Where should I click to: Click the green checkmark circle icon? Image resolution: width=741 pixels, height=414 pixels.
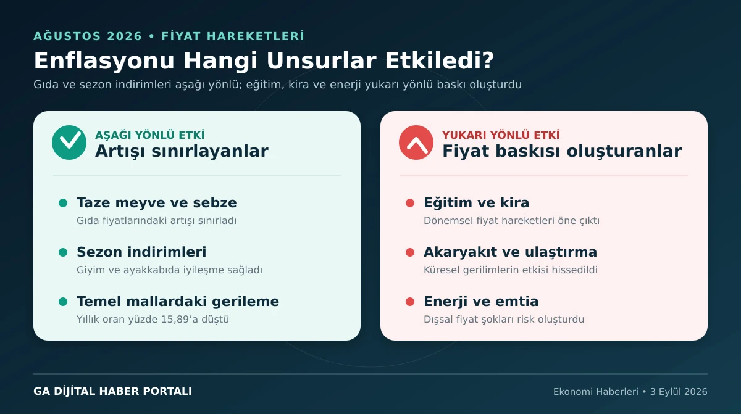tap(69, 143)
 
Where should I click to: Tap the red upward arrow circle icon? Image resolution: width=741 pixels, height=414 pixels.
tap(416, 143)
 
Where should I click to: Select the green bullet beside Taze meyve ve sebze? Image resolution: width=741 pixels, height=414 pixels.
tap(63, 203)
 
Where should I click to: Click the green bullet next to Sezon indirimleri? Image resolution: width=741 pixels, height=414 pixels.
tap(63, 252)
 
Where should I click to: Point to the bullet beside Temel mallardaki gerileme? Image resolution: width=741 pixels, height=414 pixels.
tap(63, 302)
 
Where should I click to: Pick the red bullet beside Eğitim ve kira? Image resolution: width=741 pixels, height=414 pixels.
tap(410, 203)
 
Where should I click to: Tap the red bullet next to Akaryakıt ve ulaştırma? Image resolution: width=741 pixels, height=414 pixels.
tap(410, 252)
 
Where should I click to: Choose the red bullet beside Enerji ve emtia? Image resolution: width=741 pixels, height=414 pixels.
tap(410, 302)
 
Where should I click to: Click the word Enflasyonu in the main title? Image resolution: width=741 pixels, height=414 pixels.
tap(104, 61)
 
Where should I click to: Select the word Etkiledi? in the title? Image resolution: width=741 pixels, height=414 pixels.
tap(439, 60)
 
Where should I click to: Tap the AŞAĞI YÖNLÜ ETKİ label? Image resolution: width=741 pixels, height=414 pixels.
tap(150, 135)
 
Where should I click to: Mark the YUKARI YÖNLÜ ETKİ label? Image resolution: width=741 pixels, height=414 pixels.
tap(501, 135)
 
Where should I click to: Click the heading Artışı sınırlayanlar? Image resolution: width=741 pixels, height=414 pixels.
tap(182, 151)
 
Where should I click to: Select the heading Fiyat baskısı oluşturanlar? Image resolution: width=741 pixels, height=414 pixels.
tap(562, 151)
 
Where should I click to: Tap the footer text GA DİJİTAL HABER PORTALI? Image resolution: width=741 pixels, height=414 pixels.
tap(112, 391)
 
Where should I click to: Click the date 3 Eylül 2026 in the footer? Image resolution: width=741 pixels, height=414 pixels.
tap(679, 392)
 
